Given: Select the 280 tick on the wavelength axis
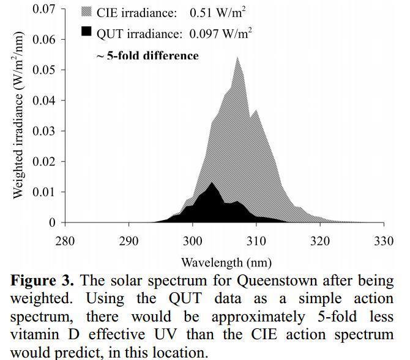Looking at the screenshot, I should (x=65, y=240).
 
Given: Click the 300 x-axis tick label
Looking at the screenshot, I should (x=193, y=240).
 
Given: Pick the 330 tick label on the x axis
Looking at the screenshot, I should (x=384, y=240).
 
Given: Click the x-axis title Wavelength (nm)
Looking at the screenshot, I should (x=226, y=263).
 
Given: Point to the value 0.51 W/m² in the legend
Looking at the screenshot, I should (x=214, y=12).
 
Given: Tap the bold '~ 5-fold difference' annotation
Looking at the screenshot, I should (x=147, y=56).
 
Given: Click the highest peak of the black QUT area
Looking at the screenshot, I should (x=212, y=183).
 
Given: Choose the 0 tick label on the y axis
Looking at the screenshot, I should (x=52, y=222).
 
